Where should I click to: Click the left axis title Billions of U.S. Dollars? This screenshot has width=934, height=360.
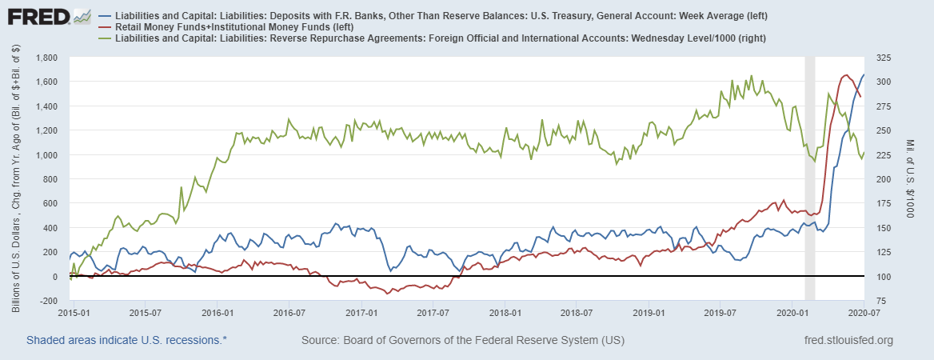pyautogui.click(x=16, y=179)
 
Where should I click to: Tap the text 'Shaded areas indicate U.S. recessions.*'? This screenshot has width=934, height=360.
pyautogui.click(x=126, y=341)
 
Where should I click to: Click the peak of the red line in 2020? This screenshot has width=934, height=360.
pyautogui.click(x=846, y=75)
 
